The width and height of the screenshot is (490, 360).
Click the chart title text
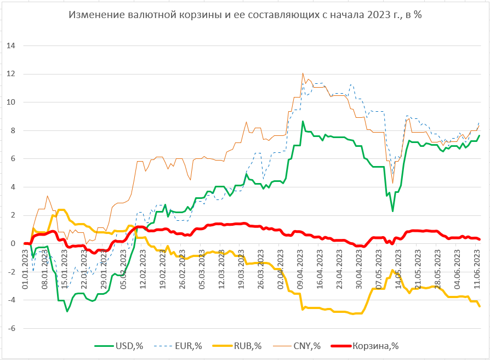click(x=244, y=15)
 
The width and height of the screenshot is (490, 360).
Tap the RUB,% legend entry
click(x=247, y=346)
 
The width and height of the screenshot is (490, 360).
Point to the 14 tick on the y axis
click(x=11, y=45)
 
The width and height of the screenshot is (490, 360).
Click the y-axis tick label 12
click(x=11, y=74)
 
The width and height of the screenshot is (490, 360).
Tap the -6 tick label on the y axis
click(x=11, y=328)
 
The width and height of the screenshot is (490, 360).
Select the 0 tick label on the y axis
click(x=13, y=243)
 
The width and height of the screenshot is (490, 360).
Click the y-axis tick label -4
click(x=11, y=300)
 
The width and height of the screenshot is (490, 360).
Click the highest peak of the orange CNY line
click(x=303, y=73)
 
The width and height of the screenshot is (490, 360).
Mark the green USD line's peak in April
click(x=303, y=122)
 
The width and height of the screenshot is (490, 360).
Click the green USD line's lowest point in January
click(x=67, y=311)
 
